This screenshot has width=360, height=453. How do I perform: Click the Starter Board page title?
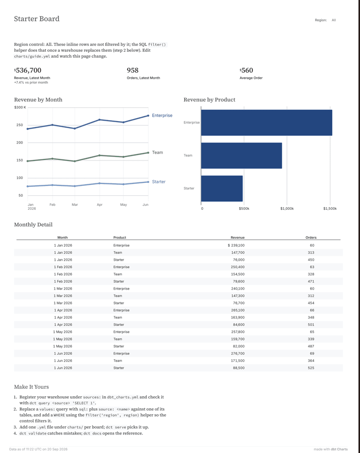click(37, 19)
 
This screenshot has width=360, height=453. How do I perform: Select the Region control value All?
click(334, 20)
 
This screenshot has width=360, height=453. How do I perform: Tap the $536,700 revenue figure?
click(28, 70)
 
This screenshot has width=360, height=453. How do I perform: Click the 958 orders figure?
click(132, 70)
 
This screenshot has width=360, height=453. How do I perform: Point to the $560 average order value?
click(246, 70)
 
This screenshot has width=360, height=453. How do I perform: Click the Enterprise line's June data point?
click(148, 116)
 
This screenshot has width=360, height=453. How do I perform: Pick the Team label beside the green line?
click(158, 152)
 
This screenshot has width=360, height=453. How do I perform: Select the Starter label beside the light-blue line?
click(159, 182)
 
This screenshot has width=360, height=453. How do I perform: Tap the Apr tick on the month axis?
click(100, 204)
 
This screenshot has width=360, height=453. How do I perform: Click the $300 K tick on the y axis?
click(20, 108)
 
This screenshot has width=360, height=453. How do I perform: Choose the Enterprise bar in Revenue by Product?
click(266, 123)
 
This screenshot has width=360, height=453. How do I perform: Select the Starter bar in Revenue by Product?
click(222, 188)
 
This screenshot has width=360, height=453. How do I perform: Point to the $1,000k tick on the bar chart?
click(287, 209)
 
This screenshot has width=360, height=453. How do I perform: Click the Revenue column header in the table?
click(238, 238)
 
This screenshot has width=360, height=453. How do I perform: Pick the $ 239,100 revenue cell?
click(236, 245)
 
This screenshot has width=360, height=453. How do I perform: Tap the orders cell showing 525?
click(311, 368)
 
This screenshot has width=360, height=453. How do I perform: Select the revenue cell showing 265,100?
click(238, 310)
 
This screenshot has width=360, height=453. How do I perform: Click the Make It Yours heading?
click(31, 387)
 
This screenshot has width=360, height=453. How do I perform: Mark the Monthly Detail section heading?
click(33, 225)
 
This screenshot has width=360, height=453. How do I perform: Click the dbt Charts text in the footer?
click(339, 449)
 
